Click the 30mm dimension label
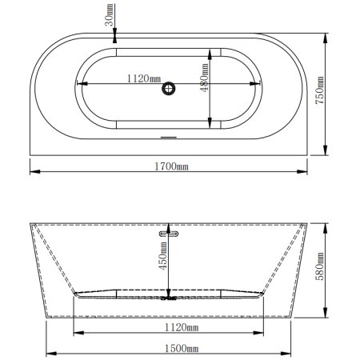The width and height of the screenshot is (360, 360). [110, 14]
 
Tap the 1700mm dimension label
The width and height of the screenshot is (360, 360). [171, 166]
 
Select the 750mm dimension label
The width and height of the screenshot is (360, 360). [319, 90]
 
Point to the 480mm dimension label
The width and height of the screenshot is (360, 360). [205, 78]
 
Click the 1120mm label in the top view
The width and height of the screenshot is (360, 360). [144, 78]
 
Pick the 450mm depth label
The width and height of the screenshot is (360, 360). [163, 256]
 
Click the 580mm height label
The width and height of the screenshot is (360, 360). [320, 266]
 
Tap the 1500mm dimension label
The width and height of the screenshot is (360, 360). [182, 348]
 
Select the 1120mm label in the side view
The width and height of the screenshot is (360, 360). [182, 327]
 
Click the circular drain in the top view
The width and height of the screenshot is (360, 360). [169, 89]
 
